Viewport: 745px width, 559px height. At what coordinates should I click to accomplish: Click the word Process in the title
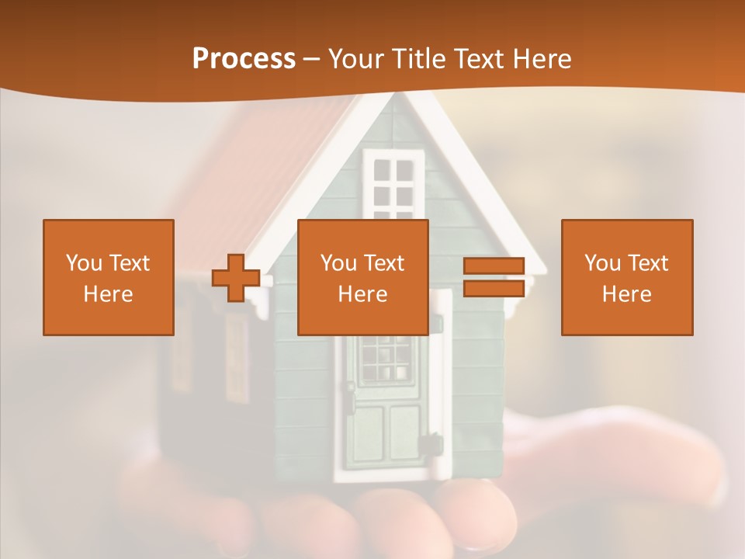point(244,59)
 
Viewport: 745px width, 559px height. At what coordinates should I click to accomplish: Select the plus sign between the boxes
point(236,277)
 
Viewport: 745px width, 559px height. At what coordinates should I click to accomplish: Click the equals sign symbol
point(494,277)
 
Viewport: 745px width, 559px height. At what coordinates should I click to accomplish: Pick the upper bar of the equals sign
point(494,266)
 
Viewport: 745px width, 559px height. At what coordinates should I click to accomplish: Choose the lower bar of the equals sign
point(494,288)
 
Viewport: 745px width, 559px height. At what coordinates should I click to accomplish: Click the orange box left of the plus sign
point(109,277)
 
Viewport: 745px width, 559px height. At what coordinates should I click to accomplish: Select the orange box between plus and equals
point(362,277)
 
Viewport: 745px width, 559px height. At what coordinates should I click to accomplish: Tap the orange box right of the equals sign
point(627,277)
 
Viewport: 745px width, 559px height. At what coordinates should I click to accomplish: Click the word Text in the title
point(477,59)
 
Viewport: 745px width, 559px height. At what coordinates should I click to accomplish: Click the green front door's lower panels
point(386,435)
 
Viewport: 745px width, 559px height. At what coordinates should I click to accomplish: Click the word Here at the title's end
point(542,59)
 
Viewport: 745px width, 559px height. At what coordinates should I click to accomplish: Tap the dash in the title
point(312,59)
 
